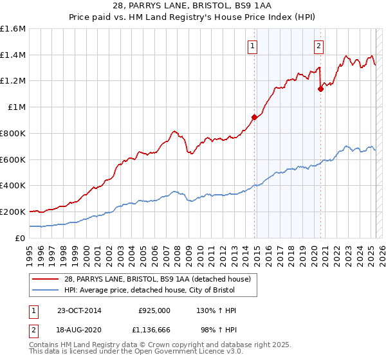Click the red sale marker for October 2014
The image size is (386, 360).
click(x=254, y=117)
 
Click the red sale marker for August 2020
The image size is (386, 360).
click(x=320, y=89)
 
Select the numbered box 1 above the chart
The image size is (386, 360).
click(x=252, y=45)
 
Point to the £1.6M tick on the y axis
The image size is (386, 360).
click(x=13, y=29)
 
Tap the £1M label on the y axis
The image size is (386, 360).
click(x=17, y=107)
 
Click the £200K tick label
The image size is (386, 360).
click(x=13, y=212)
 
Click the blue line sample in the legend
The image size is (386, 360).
click(x=46, y=290)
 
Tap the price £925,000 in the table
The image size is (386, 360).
click(x=154, y=310)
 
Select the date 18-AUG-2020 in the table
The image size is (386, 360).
click(x=78, y=329)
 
